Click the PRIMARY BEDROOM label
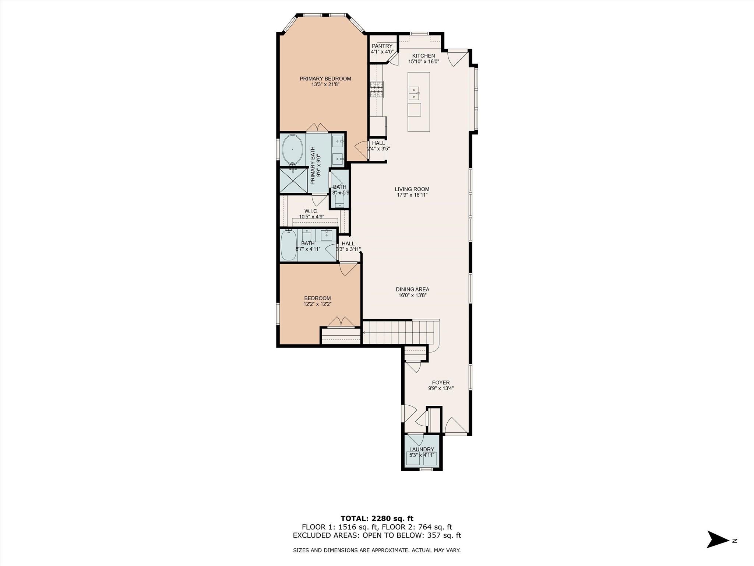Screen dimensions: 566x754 pyautogui.click(x=325, y=78)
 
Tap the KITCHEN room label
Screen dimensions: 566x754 pyautogui.click(x=423, y=56)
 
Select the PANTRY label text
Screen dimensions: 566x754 pyautogui.click(x=382, y=46)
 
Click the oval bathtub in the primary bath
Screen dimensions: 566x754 pyautogui.click(x=292, y=150)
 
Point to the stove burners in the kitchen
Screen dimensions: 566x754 pyautogui.click(x=377, y=89)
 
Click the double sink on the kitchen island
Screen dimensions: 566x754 pyautogui.click(x=414, y=94)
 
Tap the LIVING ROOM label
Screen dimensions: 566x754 pyautogui.click(x=412, y=189)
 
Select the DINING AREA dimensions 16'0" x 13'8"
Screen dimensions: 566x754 pyautogui.click(x=412, y=295)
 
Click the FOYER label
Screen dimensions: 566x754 pyautogui.click(x=441, y=382)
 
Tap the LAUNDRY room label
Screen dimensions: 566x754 pyautogui.click(x=422, y=449)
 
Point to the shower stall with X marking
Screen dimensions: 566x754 pyautogui.click(x=293, y=180)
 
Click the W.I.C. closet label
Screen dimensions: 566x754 pyautogui.click(x=311, y=211)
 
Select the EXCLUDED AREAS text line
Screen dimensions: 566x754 pyautogui.click(x=377, y=535)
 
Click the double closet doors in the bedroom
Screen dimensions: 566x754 pyautogui.click(x=341, y=322)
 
